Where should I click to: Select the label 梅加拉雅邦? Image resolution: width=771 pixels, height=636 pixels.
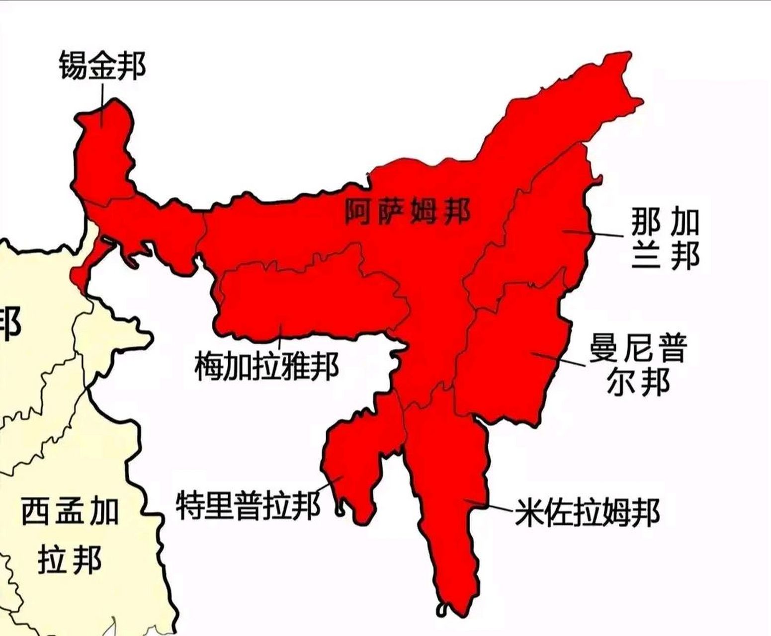pyautogui.click(x=266, y=367)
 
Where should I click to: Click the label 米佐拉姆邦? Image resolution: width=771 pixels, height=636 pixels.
pyautogui.click(x=587, y=512)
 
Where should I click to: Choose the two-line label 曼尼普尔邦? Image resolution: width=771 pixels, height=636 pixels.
pyautogui.click(x=638, y=365)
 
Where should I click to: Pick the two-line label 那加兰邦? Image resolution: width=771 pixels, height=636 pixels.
pyautogui.click(x=665, y=238)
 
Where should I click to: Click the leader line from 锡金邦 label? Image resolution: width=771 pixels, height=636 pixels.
pyautogui.click(x=102, y=102)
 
